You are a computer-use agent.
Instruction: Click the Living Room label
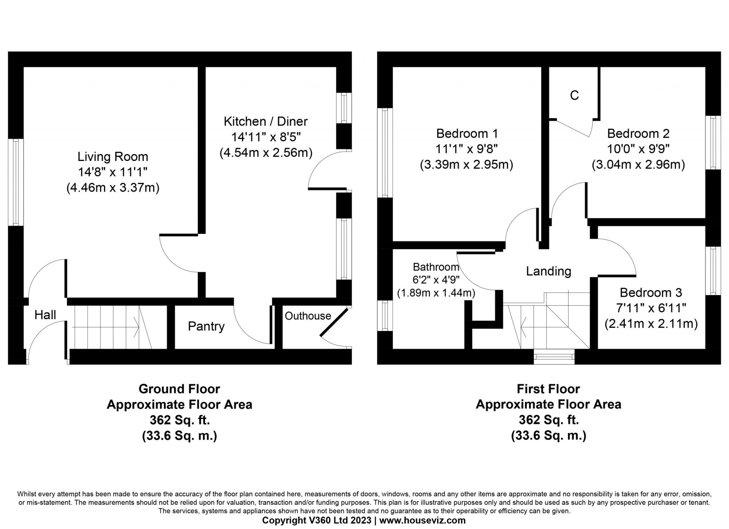click(113, 157)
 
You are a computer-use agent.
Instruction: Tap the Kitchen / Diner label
click(266, 121)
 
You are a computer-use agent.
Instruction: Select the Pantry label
click(206, 326)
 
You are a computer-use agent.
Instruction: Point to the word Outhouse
click(308, 316)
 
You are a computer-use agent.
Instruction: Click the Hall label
click(45, 315)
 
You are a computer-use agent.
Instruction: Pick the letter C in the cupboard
click(575, 95)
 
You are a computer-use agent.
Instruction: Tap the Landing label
click(549, 271)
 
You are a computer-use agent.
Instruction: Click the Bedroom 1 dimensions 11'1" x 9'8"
click(466, 149)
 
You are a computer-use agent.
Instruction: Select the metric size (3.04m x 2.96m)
click(638, 165)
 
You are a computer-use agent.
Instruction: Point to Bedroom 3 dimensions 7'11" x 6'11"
click(651, 308)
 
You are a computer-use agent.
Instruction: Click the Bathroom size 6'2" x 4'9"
click(436, 280)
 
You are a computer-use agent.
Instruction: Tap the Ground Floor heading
click(179, 389)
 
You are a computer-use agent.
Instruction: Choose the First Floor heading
click(549, 389)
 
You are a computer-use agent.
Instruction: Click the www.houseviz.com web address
click(423, 520)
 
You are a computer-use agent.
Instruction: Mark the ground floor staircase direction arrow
click(105, 327)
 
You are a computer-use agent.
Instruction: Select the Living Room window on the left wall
click(16, 182)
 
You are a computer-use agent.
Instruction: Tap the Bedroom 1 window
click(385, 152)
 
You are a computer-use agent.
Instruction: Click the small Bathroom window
click(385, 315)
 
